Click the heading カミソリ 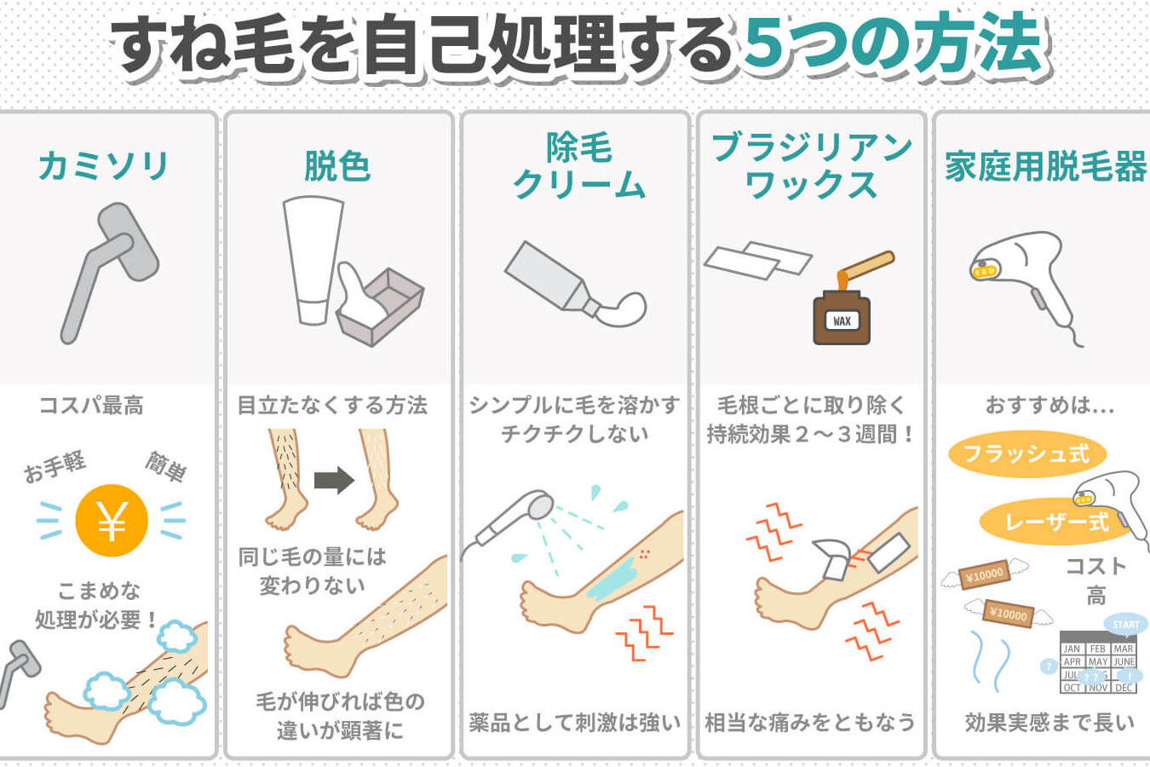(103, 166)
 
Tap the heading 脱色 (337, 166)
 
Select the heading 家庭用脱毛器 (1045, 166)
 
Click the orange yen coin (112, 521)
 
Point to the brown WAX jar (842, 317)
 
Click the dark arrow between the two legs (334, 481)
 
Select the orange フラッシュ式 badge (1026, 454)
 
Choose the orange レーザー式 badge (1056, 522)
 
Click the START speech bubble (1125, 625)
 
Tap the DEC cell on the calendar (1124, 688)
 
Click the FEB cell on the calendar (1098, 649)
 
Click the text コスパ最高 (91, 406)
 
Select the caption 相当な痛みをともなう (809, 722)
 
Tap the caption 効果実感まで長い (1049, 722)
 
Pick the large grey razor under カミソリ (110, 273)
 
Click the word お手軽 (55, 466)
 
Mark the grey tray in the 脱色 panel (381, 309)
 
